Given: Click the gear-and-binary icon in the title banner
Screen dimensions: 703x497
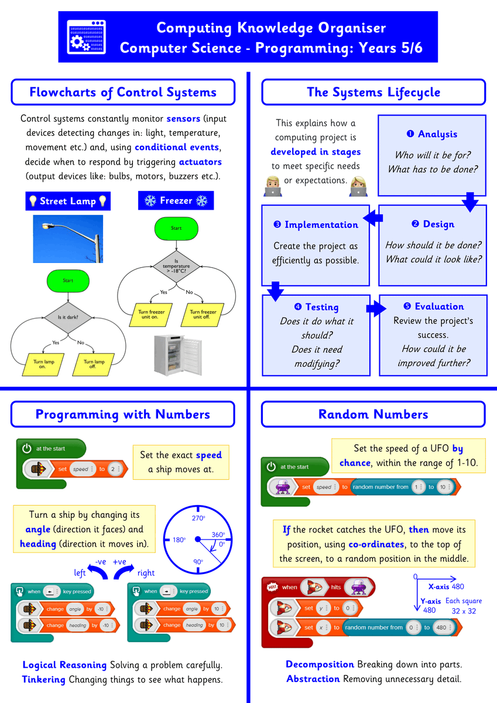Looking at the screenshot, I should (x=87, y=37).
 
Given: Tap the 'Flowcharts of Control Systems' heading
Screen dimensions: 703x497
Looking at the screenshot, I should (x=123, y=93).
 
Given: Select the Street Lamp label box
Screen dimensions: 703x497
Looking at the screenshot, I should (x=68, y=201).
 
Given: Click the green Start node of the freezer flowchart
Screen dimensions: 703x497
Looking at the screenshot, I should (x=176, y=228).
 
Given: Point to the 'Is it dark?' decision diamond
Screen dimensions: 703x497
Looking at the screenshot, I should (x=68, y=318).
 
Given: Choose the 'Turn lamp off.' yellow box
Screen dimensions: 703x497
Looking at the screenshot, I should (x=94, y=364).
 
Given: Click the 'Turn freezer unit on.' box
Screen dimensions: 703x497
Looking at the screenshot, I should (x=151, y=315).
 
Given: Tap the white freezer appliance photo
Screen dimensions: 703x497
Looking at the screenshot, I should (x=176, y=355).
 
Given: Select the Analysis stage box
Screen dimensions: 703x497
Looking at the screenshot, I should (x=432, y=155).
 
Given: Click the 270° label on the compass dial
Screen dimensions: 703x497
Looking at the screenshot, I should (x=199, y=518).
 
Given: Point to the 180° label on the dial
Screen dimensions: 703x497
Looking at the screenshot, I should (x=178, y=540).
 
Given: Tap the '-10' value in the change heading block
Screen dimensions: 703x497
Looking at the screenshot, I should (x=106, y=625).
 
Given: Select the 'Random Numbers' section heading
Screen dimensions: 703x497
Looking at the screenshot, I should (x=373, y=414).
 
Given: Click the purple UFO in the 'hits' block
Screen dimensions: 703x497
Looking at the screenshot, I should (x=355, y=587).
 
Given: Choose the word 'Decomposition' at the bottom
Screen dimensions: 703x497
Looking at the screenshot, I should (x=320, y=664).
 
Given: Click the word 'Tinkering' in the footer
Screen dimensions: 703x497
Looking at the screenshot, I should (x=44, y=680).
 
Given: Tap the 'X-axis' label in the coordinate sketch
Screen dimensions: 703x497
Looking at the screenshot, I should (x=439, y=586).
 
